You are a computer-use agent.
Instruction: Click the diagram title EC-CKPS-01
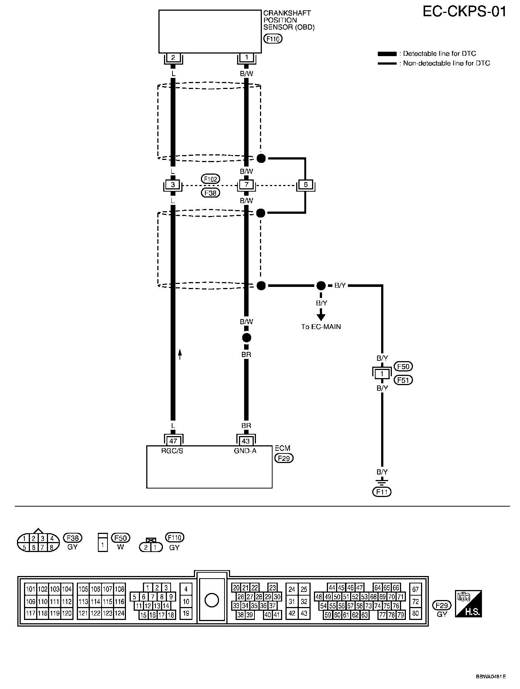pyautogui.click(x=464, y=12)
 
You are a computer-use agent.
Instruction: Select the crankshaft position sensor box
pyautogui.click(x=210, y=31)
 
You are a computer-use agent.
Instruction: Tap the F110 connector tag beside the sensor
pyautogui.click(x=273, y=38)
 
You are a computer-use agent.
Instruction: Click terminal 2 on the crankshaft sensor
pyautogui.click(x=173, y=58)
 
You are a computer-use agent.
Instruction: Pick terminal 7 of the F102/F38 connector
pyautogui.click(x=246, y=184)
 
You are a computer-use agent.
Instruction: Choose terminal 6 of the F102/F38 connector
pyautogui.click(x=305, y=184)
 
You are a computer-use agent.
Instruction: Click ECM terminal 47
pyautogui.click(x=173, y=441)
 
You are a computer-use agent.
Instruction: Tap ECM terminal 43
pyautogui.click(x=246, y=441)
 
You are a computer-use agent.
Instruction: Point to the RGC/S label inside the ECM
pyautogui.click(x=172, y=450)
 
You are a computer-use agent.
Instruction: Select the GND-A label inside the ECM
pyautogui.click(x=245, y=450)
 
